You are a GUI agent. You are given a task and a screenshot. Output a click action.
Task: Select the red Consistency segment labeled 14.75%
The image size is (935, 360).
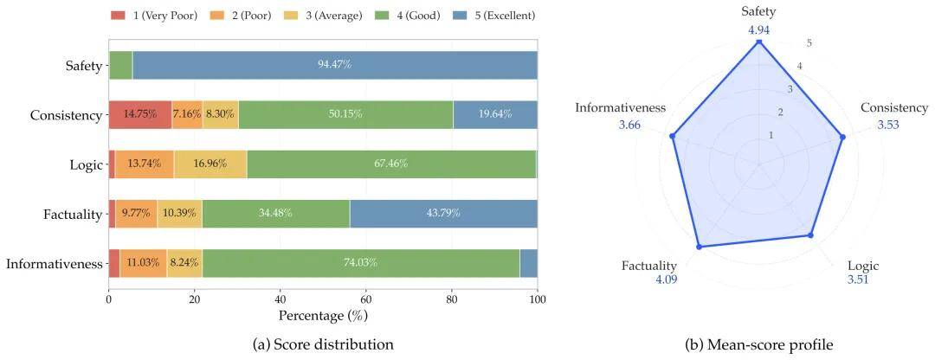click(140, 114)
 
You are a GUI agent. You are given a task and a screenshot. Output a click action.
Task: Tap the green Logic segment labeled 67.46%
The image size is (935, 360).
click(391, 164)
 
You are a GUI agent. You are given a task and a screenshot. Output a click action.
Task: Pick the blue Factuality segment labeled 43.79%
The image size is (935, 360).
click(443, 214)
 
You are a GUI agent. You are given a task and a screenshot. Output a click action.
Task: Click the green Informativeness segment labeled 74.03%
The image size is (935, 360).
click(361, 263)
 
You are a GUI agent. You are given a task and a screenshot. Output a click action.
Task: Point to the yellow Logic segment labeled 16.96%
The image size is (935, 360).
click(210, 164)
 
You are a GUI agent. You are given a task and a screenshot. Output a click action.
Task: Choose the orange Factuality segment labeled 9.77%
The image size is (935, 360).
click(136, 214)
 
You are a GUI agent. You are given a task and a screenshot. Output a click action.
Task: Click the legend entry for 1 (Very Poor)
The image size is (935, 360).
click(154, 16)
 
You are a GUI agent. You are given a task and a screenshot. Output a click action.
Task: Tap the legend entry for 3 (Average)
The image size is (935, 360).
click(325, 16)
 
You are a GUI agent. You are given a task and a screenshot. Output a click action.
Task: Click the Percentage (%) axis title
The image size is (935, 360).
click(322, 313)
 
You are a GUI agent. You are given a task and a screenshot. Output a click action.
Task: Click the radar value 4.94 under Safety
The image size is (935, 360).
click(759, 29)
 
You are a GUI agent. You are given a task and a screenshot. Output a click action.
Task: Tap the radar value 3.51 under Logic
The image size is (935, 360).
click(857, 279)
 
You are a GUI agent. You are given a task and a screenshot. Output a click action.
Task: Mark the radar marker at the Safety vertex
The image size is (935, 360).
click(758, 43)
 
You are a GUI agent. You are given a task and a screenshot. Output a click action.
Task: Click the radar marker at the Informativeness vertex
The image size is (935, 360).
click(674, 137)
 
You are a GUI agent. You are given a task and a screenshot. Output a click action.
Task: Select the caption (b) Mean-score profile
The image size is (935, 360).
click(759, 344)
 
